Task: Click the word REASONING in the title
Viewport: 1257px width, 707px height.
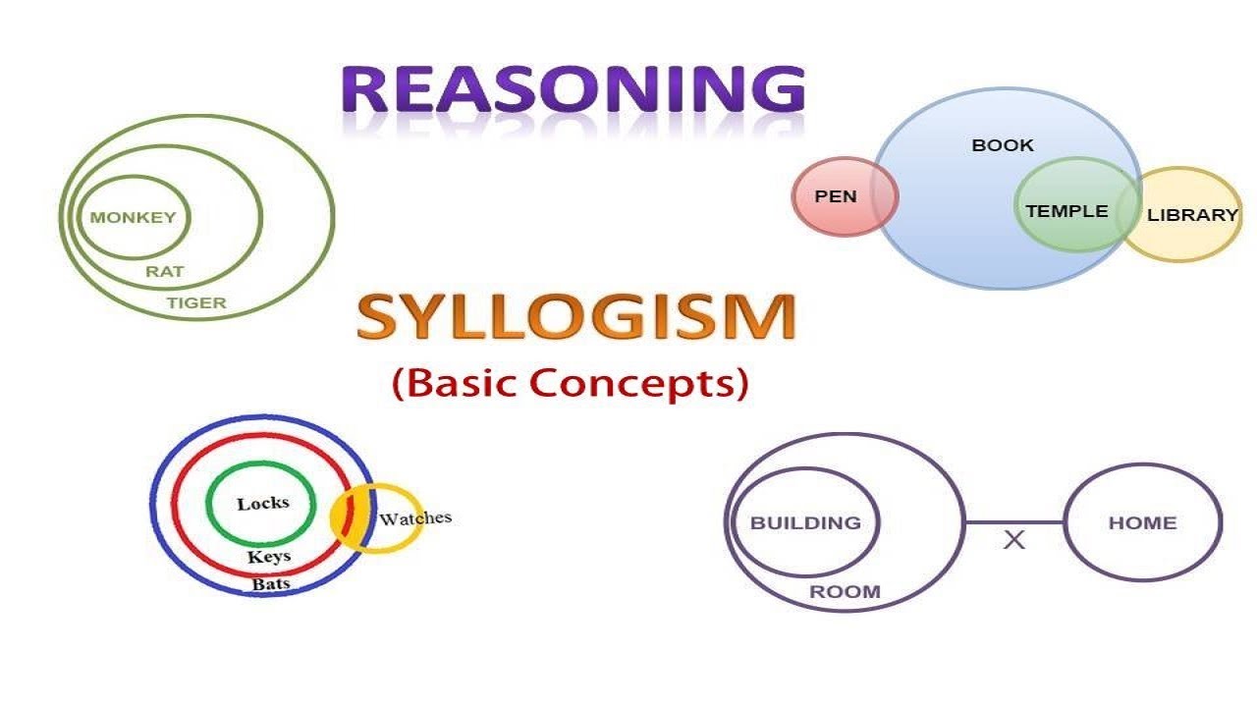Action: coord(574,88)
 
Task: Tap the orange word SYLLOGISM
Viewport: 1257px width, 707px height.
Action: coord(576,316)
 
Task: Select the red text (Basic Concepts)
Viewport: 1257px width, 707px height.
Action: coord(571,383)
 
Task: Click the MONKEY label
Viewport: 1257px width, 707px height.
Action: coord(133,217)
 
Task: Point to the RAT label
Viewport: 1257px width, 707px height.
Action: coord(164,272)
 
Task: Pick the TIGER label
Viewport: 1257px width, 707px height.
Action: coord(196,303)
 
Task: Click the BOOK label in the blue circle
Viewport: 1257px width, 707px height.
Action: coord(1003,145)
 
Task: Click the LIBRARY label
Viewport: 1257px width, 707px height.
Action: coord(1192,215)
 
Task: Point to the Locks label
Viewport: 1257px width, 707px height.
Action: coord(262,504)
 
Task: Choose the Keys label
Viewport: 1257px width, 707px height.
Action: coord(269,557)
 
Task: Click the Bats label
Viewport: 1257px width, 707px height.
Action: coord(271,584)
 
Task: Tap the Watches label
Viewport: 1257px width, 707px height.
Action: coord(415,517)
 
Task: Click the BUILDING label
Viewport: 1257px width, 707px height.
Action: coord(805,523)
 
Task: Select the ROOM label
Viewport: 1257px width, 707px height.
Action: coord(845,591)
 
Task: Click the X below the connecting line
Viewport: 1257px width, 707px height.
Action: coord(1014,540)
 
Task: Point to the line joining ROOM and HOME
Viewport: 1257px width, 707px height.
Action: coord(1014,522)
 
